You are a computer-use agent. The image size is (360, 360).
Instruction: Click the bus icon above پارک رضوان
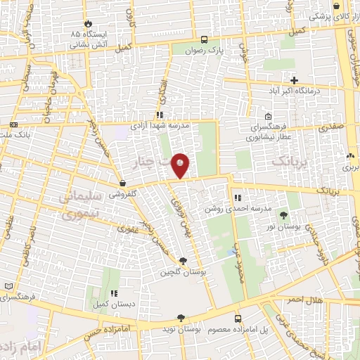click(x=204, y=39)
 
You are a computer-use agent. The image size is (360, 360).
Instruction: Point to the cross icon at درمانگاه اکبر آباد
click(x=294, y=80)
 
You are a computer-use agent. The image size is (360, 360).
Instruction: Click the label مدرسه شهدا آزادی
click(x=160, y=125)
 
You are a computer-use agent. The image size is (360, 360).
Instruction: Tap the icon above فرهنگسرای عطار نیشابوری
click(x=268, y=117)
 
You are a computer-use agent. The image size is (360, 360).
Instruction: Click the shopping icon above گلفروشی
click(x=123, y=183)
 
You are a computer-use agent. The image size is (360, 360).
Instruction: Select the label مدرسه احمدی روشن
click(x=228, y=209)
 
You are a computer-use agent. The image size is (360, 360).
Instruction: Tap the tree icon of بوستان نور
click(x=283, y=216)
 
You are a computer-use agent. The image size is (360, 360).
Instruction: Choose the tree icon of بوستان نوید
click(x=181, y=319)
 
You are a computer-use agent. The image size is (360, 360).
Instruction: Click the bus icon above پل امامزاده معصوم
click(x=237, y=319)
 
